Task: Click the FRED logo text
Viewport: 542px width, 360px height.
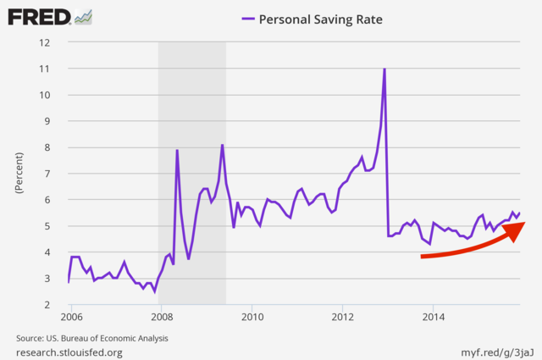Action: [x=38, y=17]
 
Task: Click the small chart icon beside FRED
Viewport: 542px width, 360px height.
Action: [x=83, y=17]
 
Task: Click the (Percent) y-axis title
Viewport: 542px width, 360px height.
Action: [x=18, y=174]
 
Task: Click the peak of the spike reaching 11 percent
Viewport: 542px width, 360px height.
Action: [x=384, y=69]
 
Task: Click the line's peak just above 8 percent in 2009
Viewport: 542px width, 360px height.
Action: [x=222, y=145]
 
